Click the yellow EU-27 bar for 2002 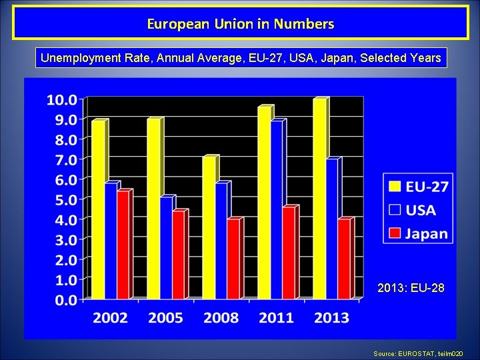98,210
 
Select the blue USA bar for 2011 277,210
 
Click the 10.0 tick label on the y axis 61,100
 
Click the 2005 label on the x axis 165,317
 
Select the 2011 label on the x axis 276,317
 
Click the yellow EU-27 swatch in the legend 395,187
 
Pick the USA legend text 421,211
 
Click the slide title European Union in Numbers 240,25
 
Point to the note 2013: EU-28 411,289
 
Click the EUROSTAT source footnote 425,353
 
